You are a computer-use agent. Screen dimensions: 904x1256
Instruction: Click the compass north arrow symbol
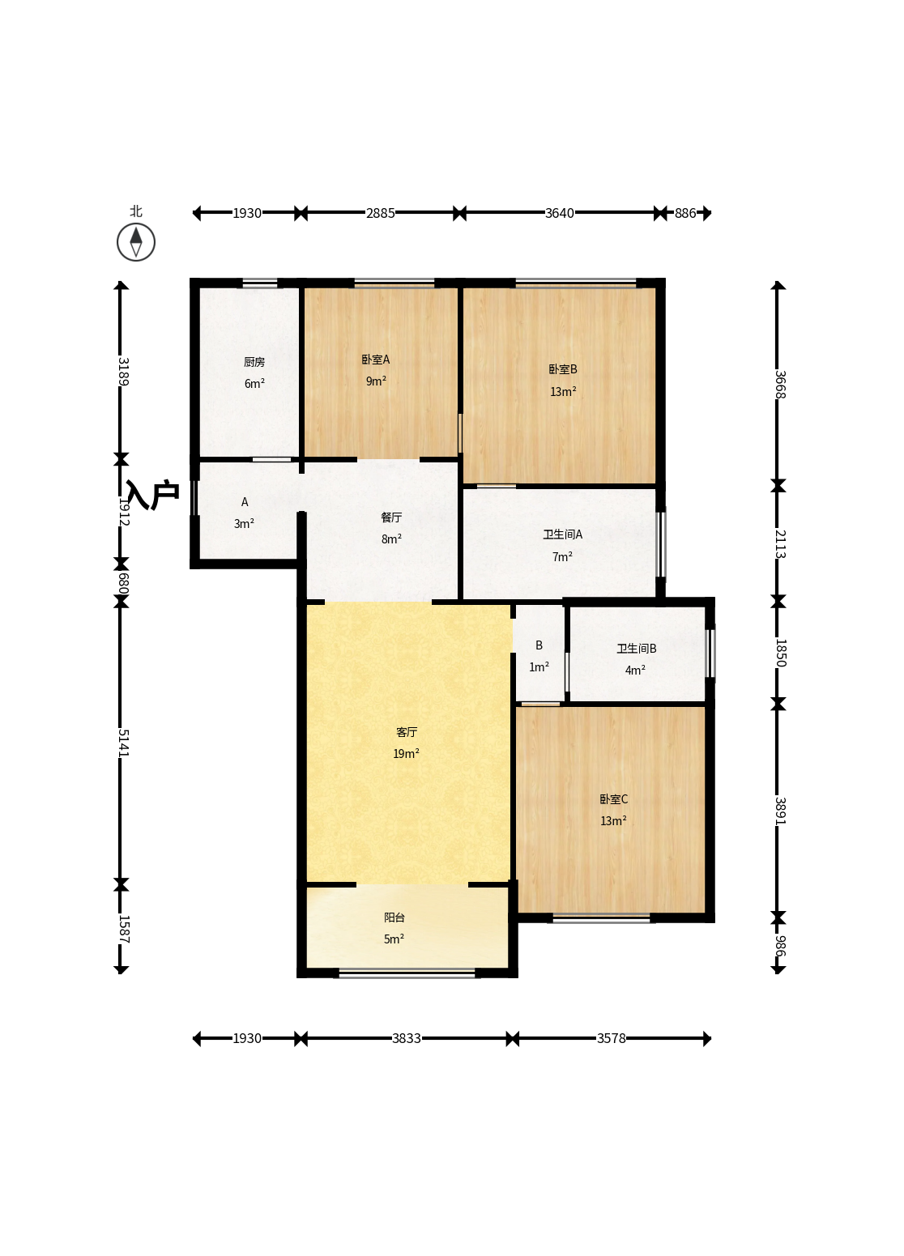tap(136, 242)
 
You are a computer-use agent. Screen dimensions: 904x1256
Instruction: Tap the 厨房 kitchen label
tap(254, 362)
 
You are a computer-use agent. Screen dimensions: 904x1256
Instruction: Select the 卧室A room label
tap(376, 360)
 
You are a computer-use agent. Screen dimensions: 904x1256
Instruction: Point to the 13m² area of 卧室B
tap(563, 391)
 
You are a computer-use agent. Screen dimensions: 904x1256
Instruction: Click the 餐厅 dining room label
tap(391, 517)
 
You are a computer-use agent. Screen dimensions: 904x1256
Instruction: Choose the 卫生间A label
tap(562, 534)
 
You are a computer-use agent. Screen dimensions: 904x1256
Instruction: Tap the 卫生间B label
tap(637, 648)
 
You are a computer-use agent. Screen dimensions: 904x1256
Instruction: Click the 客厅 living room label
tap(407, 732)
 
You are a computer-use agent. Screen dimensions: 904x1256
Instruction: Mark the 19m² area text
tap(406, 754)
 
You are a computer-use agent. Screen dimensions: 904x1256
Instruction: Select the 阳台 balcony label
tap(394, 918)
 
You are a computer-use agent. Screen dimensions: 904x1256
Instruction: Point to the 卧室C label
tap(613, 799)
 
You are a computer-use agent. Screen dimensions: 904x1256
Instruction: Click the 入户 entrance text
tap(152, 495)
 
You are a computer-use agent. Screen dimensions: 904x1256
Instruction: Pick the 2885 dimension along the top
tap(381, 213)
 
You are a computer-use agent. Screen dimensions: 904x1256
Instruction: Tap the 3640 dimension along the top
tap(560, 213)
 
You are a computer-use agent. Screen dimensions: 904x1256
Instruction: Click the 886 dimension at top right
tap(685, 213)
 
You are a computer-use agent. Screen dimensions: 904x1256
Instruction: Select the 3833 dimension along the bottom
tap(407, 1038)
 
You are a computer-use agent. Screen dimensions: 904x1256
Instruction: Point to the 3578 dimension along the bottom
tap(612, 1038)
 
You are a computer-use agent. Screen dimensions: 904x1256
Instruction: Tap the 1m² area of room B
tap(539, 666)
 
